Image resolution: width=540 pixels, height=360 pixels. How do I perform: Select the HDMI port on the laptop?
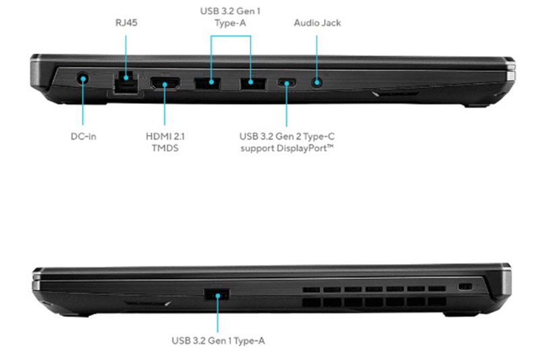click(x=165, y=84)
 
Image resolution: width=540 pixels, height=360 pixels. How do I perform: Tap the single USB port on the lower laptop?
click(x=217, y=294)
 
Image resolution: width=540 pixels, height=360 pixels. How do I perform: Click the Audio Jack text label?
click(x=317, y=23)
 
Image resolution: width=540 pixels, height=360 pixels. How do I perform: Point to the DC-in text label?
click(x=84, y=136)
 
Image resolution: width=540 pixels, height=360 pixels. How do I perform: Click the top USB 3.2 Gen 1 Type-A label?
click(x=231, y=18)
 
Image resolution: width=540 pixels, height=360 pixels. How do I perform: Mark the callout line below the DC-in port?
click(x=84, y=108)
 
